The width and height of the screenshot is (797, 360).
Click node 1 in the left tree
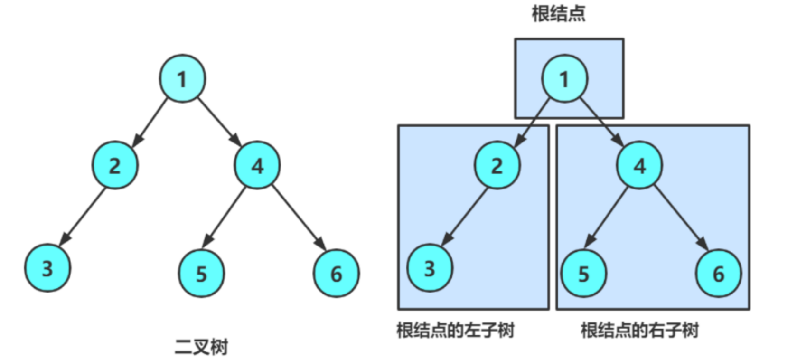coord(182,78)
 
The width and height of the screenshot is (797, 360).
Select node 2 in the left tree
coord(115,165)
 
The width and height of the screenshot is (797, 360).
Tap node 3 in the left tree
coord(47,268)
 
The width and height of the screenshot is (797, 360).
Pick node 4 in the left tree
coord(257,165)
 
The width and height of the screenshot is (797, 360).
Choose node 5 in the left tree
coord(201,274)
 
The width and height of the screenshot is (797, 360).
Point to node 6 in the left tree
coord(336,274)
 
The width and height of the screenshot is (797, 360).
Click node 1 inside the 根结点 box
coord(564,78)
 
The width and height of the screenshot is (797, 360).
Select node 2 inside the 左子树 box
coord(497,165)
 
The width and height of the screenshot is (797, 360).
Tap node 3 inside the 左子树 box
coord(430,268)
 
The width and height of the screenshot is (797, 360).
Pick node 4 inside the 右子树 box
coord(639,165)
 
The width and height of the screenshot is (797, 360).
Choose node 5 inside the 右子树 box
coord(583,274)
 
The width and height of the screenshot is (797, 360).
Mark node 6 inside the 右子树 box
coord(718,274)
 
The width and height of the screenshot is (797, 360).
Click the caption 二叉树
coord(201,347)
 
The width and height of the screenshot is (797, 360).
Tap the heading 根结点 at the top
coord(558,13)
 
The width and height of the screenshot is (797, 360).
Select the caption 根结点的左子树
coord(455,330)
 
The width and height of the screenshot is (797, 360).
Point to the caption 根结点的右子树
coord(639,330)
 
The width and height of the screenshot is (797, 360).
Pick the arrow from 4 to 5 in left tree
coord(226,218)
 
